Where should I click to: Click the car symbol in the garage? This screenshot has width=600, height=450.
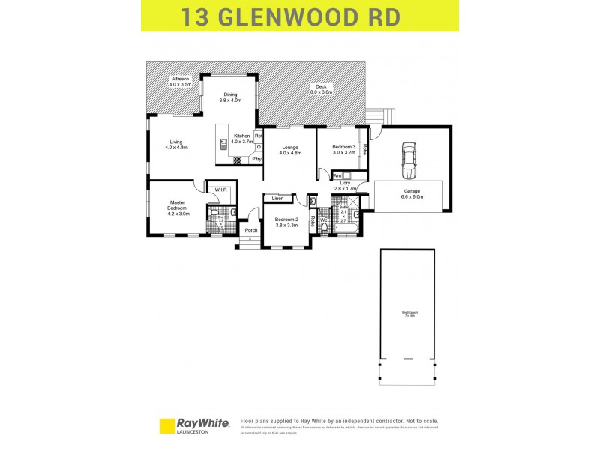pyautogui.click(x=409, y=160)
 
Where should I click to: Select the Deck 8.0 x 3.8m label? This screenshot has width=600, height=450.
pyautogui.click(x=322, y=89)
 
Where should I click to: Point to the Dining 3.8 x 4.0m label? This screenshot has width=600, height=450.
pyautogui.click(x=230, y=97)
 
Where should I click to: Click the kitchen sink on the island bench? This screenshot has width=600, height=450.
pyautogui.click(x=223, y=142)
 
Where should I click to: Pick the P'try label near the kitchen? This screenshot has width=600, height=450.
pyautogui.click(x=256, y=159)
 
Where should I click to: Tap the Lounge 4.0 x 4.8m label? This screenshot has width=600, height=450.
pyautogui.click(x=290, y=150)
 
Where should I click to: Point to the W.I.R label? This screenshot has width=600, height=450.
pyautogui.click(x=221, y=190)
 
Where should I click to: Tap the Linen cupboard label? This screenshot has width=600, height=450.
pyautogui.click(x=277, y=199)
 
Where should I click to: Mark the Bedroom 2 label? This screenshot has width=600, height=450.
pyautogui.click(x=286, y=222)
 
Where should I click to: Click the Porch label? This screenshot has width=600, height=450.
pyautogui.click(x=250, y=230)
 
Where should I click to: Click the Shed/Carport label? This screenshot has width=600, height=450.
pyautogui.click(x=408, y=313)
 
